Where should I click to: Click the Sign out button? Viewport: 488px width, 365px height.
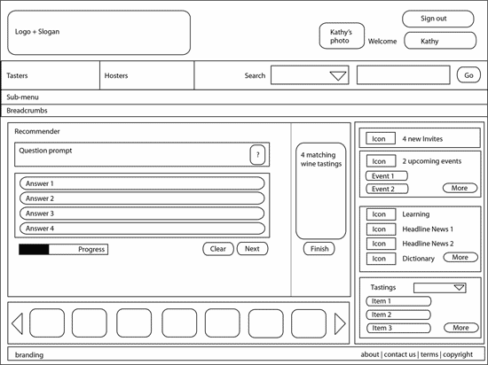click(x=438, y=19)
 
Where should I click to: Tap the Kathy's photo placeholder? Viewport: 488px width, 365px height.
click(x=342, y=35)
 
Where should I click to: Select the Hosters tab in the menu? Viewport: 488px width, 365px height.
click(x=147, y=75)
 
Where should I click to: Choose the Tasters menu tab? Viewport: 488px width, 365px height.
click(x=51, y=75)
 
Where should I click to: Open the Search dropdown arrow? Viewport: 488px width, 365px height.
click(x=338, y=76)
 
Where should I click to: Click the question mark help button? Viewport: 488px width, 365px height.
click(x=257, y=154)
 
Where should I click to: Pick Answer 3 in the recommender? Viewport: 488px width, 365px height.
click(x=142, y=214)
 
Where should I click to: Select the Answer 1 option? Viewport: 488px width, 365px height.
click(x=142, y=183)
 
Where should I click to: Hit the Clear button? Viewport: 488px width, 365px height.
click(x=218, y=249)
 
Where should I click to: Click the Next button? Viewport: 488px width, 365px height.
click(x=252, y=249)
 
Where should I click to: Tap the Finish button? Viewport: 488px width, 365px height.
click(x=319, y=249)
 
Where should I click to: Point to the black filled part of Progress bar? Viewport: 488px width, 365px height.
click(x=34, y=249)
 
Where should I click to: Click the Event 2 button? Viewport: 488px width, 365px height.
click(x=387, y=189)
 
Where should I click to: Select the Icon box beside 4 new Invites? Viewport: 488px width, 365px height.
click(x=381, y=138)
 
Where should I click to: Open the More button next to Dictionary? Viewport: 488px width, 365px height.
click(x=460, y=257)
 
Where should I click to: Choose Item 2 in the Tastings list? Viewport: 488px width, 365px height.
click(x=398, y=315)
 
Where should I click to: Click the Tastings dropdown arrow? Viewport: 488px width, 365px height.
click(x=459, y=287)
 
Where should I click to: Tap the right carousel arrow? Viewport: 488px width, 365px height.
click(x=340, y=323)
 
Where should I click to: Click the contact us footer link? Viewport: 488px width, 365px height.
click(x=399, y=354)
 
